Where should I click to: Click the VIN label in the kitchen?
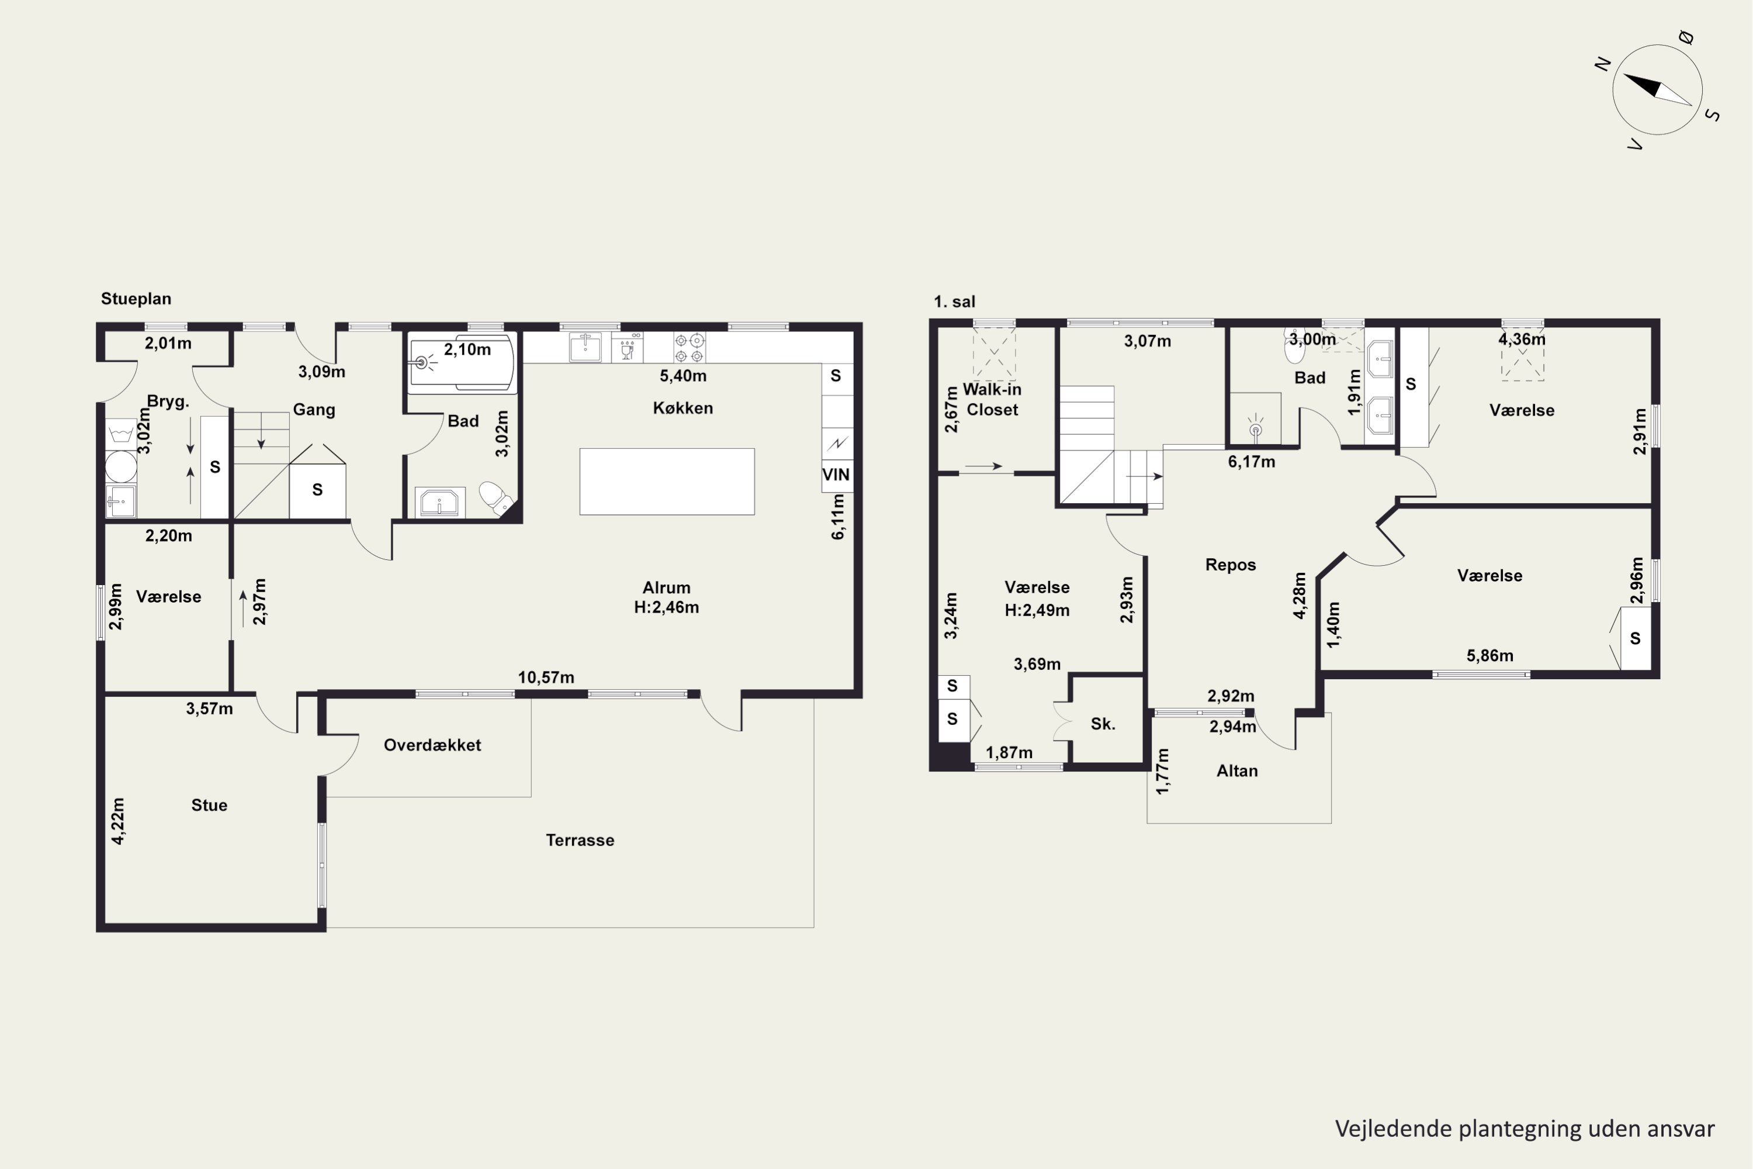pos(836,475)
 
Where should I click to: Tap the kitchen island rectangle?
pos(667,482)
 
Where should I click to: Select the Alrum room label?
pos(666,587)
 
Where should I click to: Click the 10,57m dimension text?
pos(546,677)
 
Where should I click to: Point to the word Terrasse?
pos(580,841)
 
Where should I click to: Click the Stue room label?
pos(209,805)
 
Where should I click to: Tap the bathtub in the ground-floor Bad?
pos(462,364)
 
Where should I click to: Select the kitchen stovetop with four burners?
pos(690,347)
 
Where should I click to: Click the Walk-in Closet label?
pos(992,400)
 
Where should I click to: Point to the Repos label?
pos(1231,565)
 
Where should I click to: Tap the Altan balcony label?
pos(1237,771)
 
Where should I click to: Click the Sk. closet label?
pos(1103,724)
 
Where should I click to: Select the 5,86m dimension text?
pos(1490,656)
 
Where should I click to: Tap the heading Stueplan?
pos(136,299)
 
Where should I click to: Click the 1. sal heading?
pos(955,302)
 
